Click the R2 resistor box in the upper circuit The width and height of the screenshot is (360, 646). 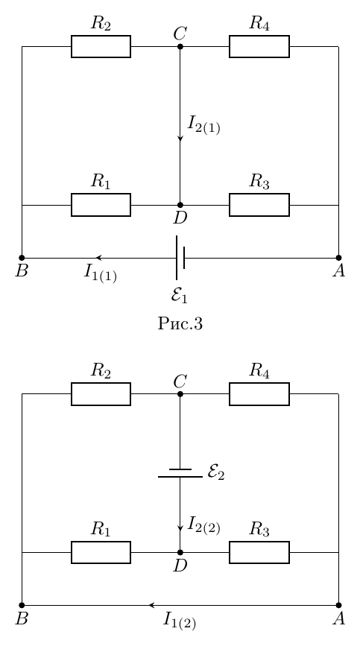[101, 46]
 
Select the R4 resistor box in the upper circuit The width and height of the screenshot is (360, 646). [259, 46]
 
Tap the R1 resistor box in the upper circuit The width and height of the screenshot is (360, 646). [101, 205]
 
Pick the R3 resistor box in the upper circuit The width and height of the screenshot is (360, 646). [259, 205]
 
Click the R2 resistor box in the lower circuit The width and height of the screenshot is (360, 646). [101, 394]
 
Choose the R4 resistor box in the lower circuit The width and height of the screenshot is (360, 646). [259, 394]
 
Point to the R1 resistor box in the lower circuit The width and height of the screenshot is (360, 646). [101, 552]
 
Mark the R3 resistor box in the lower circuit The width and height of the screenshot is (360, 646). [259, 552]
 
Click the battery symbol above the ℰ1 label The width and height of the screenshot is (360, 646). [180, 258]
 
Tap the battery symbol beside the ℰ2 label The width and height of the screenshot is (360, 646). [180, 473]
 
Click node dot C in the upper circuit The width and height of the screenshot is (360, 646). [180, 46]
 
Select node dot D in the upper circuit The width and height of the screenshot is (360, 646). [180, 205]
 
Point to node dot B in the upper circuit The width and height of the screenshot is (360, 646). [22, 258]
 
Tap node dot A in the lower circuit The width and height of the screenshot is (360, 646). [338, 605]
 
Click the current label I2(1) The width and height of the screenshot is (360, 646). [204, 125]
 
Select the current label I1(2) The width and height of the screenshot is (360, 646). [180, 621]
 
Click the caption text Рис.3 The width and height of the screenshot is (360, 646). [180, 324]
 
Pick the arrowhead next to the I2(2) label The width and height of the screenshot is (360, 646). [180, 528]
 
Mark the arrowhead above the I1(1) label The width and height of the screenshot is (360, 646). [99, 258]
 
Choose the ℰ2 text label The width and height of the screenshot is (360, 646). [216, 472]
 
